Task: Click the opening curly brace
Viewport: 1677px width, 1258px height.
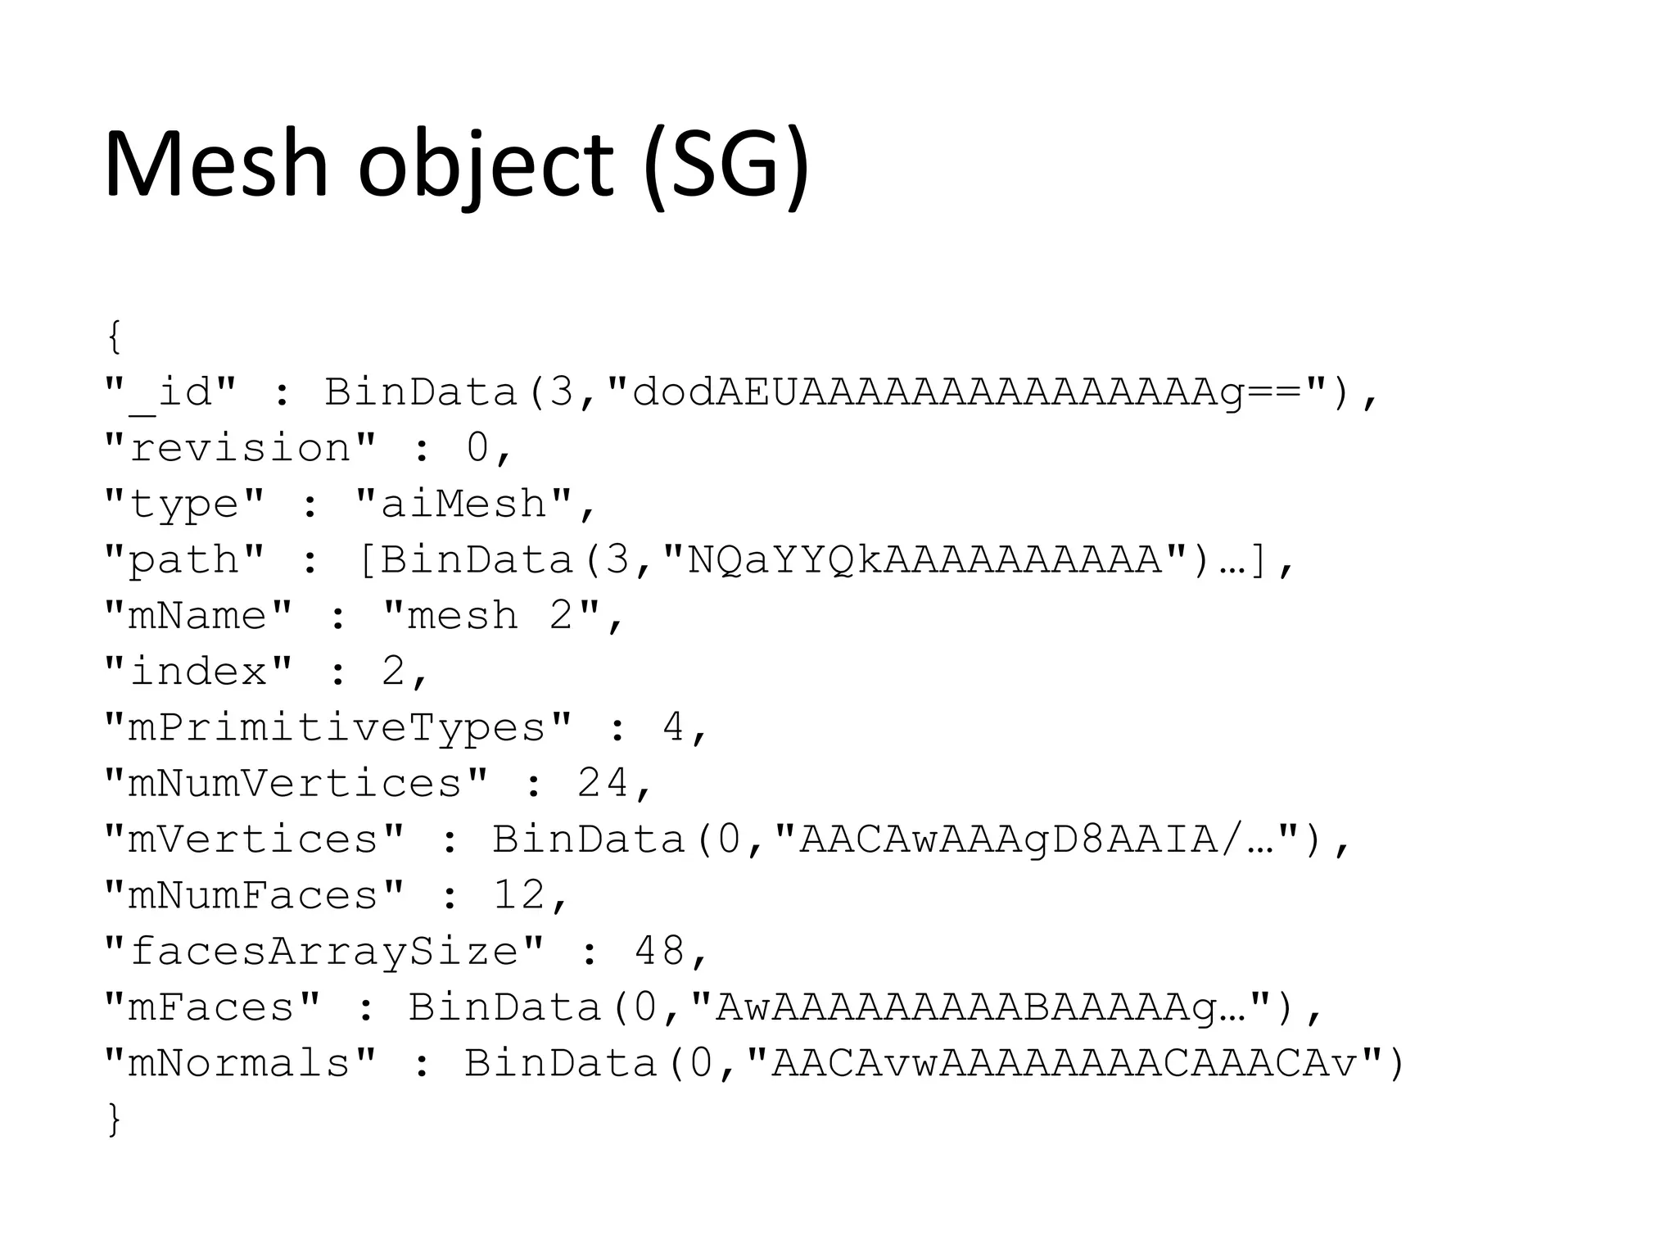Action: [x=115, y=337]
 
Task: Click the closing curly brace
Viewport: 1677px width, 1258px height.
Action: [x=115, y=1119]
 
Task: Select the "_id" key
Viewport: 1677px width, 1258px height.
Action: [x=170, y=392]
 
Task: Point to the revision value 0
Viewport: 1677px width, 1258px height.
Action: [x=477, y=448]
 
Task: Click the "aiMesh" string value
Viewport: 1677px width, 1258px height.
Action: [x=463, y=504]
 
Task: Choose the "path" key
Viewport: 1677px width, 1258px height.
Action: [x=184, y=560]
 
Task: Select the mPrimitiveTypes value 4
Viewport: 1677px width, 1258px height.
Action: [x=673, y=727]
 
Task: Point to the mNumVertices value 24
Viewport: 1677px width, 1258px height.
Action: [x=603, y=783]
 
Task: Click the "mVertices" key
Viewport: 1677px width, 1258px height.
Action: [x=254, y=839]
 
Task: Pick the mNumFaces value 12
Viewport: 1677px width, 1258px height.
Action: [x=519, y=895]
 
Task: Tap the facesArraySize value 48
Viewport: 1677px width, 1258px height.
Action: [x=659, y=951]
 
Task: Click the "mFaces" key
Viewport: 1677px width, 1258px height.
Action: [x=212, y=1007]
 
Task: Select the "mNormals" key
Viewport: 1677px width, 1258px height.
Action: [x=240, y=1063]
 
